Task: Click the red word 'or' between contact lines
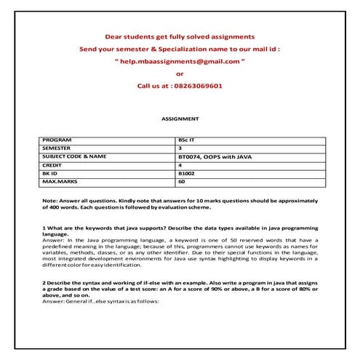pos(180,73)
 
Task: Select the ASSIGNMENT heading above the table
pos(180,118)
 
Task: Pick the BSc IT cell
pos(188,139)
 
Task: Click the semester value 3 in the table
pos(180,148)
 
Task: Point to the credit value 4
pos(180,165)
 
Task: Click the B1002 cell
pos(186,174)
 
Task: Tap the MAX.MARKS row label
pos(60,183)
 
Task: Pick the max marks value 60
pos(181,183)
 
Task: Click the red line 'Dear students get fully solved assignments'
pos(180,36)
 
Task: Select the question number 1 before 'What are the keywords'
pos(44,229)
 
